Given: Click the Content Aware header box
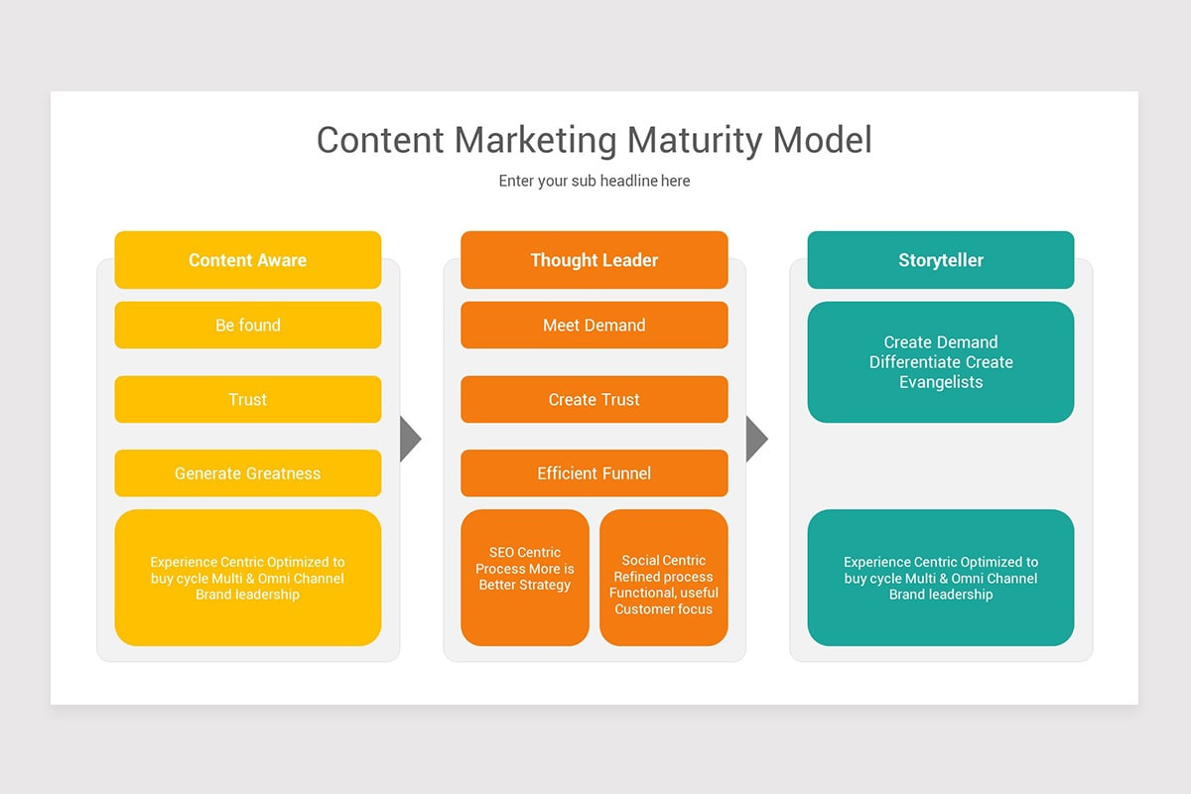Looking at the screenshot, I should (x=247, y=260).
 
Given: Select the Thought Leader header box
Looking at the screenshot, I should (x=594, y=260).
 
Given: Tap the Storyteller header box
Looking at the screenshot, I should (x=940, y=260).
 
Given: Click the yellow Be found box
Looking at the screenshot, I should (x=247, y=325).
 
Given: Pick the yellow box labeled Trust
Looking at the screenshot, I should (x=247, y=399).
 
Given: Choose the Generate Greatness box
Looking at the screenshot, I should (x=247, y=473).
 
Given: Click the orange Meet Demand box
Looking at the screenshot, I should (x=594, y=325).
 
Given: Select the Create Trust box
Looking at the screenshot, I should (x=594, y=399).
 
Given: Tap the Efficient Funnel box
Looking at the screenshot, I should (x=594, y=473).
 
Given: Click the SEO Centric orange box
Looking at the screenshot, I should (x=524, y=578).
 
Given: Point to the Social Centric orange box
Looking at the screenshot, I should (x=663, y=578).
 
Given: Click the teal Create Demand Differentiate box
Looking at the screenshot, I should (x=940, y=362).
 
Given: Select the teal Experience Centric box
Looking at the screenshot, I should (x=940, y=578).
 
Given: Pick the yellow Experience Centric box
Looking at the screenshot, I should (x=247, y=578).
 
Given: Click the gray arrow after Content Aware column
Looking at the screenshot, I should (x=409, y=439).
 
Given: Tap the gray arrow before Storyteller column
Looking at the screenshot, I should (x=755, y=439).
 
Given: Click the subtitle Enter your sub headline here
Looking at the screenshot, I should (x=594, y=181).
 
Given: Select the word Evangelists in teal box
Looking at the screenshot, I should (x=940, y=382).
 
